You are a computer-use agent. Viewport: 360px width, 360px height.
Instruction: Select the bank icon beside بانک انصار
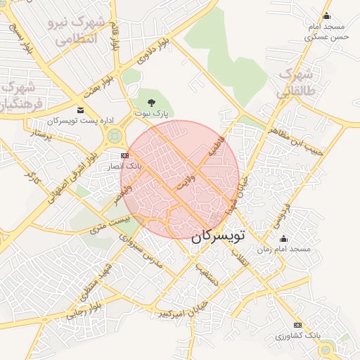(124, 155)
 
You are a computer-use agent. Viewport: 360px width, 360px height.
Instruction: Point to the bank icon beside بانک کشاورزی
(297, 325)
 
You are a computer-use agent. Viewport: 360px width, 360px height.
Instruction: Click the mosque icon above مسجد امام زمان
(283, 238)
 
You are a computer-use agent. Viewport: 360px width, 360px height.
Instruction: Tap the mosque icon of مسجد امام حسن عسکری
(326, 17)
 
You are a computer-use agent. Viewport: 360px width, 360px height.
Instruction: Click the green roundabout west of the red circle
(114, 136)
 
